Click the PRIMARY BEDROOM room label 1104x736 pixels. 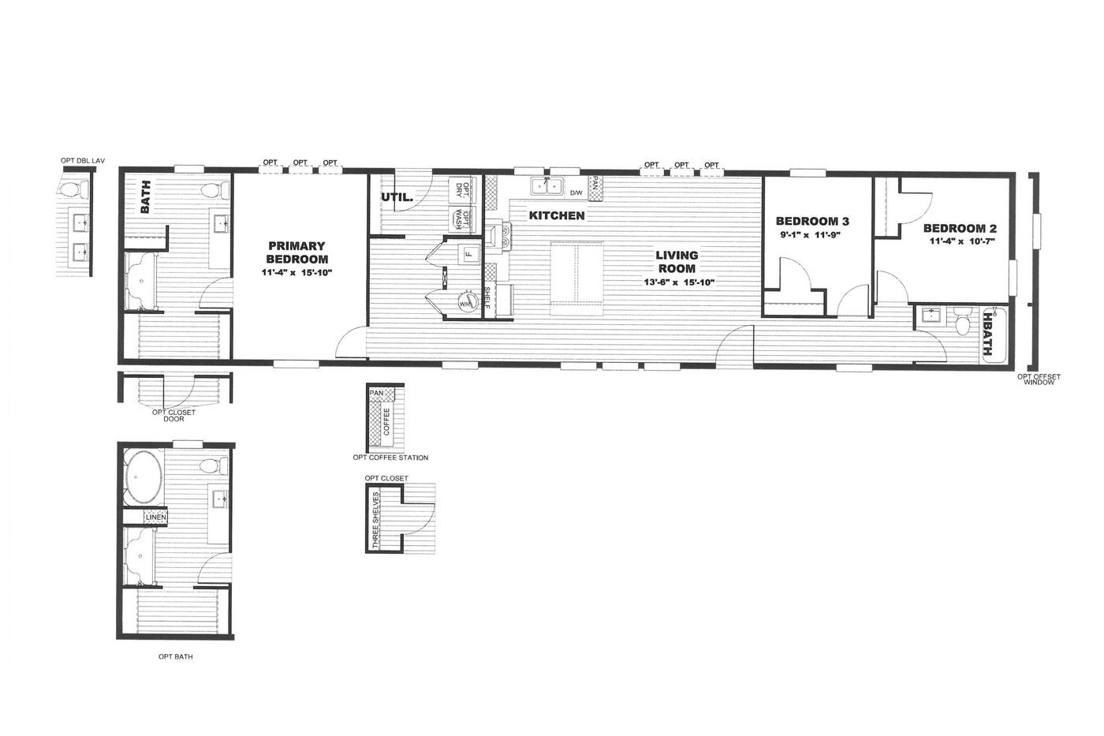click(x=297, y=252)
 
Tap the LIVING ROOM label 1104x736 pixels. click(x=677, y=262)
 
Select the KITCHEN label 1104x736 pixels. click(x=557, y=215)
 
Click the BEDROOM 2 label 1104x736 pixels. click(x=960, y=228)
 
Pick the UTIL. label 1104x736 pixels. click(x=397, y=197)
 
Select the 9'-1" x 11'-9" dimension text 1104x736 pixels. click(x=810, y=235)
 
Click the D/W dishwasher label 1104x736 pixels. click(x=576, y=192)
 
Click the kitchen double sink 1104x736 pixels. click(x=546, y=186)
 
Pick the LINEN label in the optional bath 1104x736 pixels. click(x=155, y=517)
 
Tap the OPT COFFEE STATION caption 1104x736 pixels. click(x=390, y=458)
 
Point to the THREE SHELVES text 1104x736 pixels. click(x=375, y=520)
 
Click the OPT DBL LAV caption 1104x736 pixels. click(x=83, y=161)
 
